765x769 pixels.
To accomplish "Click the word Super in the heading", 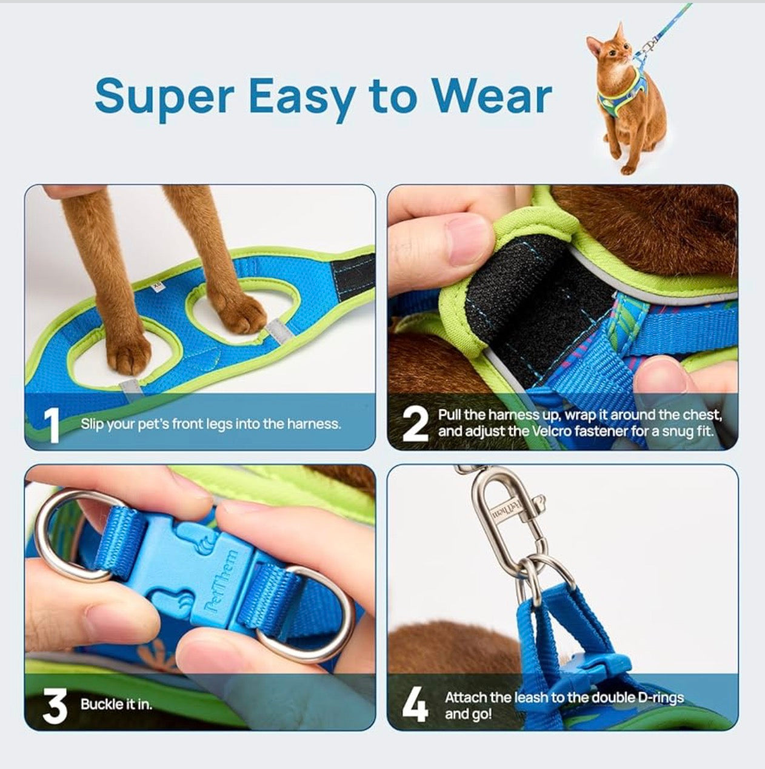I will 164,96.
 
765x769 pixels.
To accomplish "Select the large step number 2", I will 415,424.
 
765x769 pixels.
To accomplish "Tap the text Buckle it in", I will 116,705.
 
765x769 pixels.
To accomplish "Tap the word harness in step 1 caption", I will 316,424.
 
